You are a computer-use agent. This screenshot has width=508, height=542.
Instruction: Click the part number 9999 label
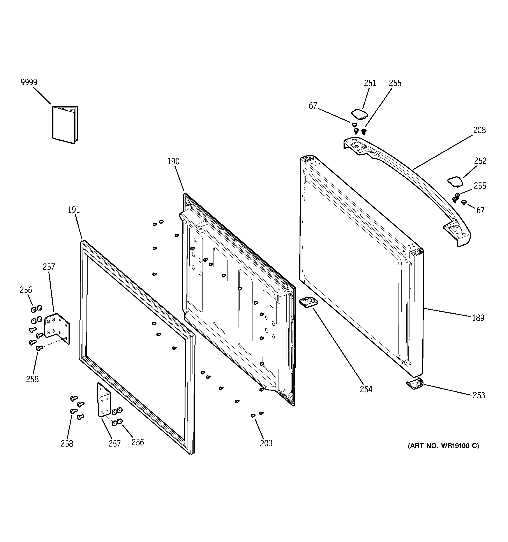tap(29, 82)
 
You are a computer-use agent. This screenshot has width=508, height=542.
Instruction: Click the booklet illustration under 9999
tap(65, 125)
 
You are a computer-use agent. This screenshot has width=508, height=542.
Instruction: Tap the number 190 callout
tap(173, 161)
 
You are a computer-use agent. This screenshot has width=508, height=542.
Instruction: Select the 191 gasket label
tap(74, 210)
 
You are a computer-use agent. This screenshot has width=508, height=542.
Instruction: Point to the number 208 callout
tap(479, 130)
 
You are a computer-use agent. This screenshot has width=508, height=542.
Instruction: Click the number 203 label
tap(266, 444)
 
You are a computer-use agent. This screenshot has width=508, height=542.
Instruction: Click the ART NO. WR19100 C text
tap(443, 446)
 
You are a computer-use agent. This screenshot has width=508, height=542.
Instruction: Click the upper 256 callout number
tap(26, 290)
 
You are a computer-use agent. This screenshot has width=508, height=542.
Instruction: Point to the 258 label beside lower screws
tap(67, 444)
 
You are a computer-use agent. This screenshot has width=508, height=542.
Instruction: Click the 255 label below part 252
tap(480, 186)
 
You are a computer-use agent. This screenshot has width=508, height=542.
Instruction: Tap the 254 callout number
tap(366, 389)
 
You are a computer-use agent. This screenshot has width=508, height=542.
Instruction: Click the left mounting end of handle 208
tap(356, 146)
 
